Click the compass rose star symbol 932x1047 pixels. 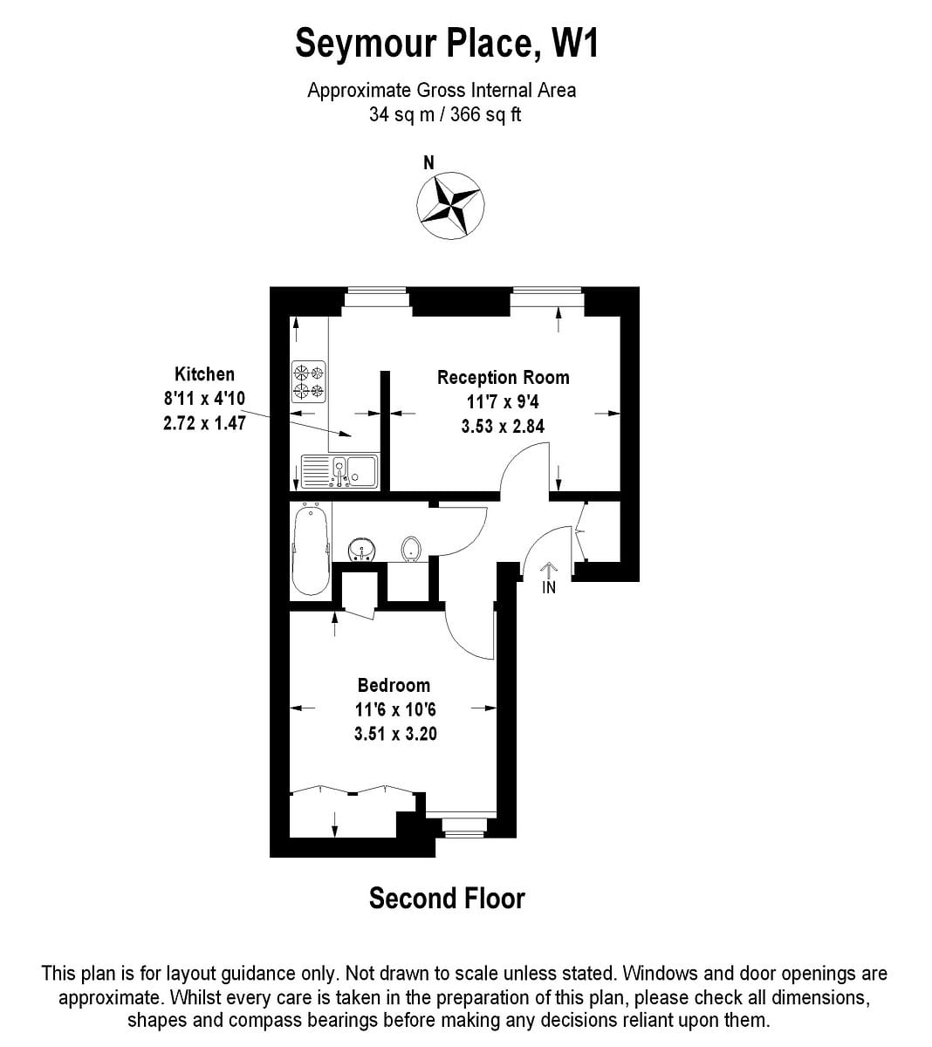click(450, 205)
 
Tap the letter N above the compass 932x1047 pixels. click(428, 162)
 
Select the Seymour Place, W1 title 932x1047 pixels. click(447, 43)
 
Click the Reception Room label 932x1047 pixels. click(503, 378)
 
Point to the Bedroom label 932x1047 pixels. click(394, 686)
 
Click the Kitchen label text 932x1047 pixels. click(204, 374)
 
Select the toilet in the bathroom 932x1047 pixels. click(411, 550)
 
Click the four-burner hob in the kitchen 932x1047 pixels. click(308, 381)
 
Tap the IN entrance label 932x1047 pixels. click(549, 588)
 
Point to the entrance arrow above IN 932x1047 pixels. click(549, 570)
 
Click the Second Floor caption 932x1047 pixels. click(447, 899)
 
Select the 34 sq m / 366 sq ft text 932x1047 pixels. click(445, 114)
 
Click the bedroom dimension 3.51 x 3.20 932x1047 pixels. click(395, 734)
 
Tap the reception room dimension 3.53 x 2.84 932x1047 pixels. click(503, 426)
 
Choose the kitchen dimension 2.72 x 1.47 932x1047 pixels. click(204, 423)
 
